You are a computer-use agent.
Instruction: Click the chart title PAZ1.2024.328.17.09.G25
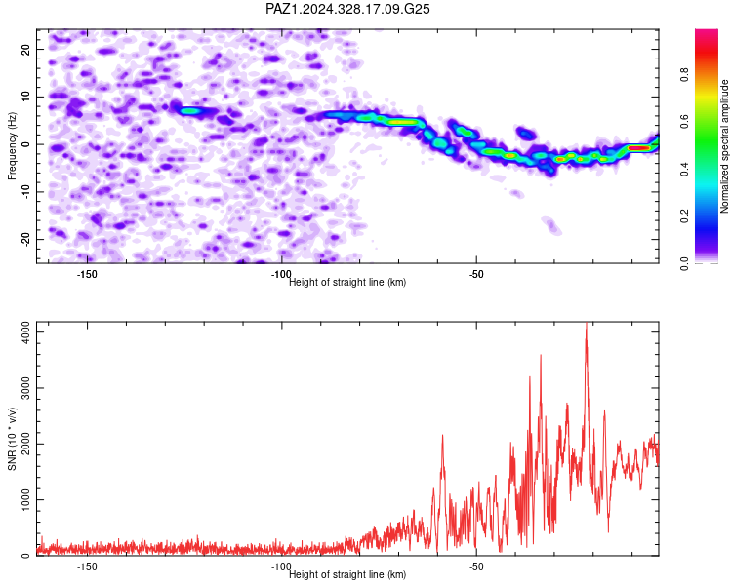(347, 9)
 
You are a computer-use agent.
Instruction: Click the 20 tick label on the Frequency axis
(26, 49)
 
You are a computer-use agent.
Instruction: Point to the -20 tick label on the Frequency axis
(26, 239)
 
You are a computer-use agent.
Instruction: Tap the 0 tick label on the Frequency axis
(26, 144)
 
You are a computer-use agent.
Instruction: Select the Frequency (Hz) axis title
(12, 146)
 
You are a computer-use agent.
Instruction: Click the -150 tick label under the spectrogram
(87, 274)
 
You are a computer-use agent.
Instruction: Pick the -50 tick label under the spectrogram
(476, 274)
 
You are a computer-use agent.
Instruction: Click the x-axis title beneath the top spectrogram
(347, 282)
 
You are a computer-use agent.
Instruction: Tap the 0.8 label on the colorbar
(684, 75)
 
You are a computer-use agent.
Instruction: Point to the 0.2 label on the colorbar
(684, 216)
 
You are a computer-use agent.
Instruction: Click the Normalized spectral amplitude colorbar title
(724, 146)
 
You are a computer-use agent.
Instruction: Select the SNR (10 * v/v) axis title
(12, 439)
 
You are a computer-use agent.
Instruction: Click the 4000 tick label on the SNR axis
(26, 332)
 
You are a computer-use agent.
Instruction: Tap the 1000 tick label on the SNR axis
(26, 499)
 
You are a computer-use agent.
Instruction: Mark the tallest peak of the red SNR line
(587, 324)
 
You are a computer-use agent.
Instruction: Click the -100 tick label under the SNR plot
(281, 566)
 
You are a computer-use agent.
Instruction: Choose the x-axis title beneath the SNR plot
(347, 574)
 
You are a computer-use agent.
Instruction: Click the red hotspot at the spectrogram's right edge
(638, 148)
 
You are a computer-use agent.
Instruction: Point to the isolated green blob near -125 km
(190, 111)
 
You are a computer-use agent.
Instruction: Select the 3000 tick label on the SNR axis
(26, 388)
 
